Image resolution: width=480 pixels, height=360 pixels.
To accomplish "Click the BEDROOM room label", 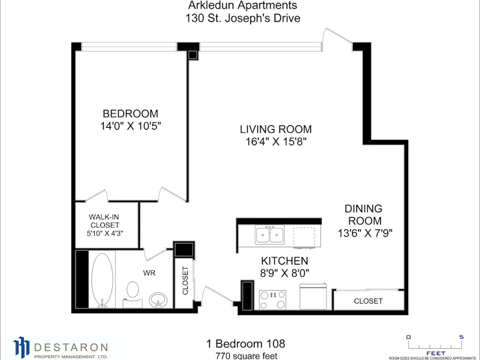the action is pos(130,113).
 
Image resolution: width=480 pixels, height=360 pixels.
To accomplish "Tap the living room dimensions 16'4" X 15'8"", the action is pos(276,142).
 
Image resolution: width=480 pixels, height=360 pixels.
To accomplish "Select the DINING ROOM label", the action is pos(364,215).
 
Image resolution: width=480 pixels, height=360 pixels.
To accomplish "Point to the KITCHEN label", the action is pos(284,261).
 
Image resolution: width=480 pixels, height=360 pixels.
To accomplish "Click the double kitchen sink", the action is pos(269,235).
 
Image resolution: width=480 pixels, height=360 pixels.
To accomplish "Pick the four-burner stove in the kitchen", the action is pos(272,299).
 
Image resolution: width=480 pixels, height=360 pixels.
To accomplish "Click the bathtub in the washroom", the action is pos(102,279).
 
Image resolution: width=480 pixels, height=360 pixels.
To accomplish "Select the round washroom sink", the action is pos(158,299).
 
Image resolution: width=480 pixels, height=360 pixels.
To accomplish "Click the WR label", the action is pos(149,273).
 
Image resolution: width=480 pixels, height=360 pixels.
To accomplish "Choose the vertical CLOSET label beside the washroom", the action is pos(185,280).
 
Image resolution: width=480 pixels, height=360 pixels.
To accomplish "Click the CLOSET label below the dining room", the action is pos(368,301).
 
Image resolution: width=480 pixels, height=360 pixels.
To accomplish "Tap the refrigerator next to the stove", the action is pos(313,296).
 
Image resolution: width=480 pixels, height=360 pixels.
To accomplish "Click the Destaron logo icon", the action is pos(22,347).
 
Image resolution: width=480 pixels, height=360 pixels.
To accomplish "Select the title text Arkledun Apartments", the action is pos(242,5).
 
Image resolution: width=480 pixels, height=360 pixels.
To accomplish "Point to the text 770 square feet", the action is pos(247,356).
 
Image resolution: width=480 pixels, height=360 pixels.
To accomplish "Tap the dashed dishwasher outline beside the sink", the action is pos(304,237).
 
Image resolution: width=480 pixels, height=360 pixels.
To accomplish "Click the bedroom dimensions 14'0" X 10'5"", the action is pos(131,126).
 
